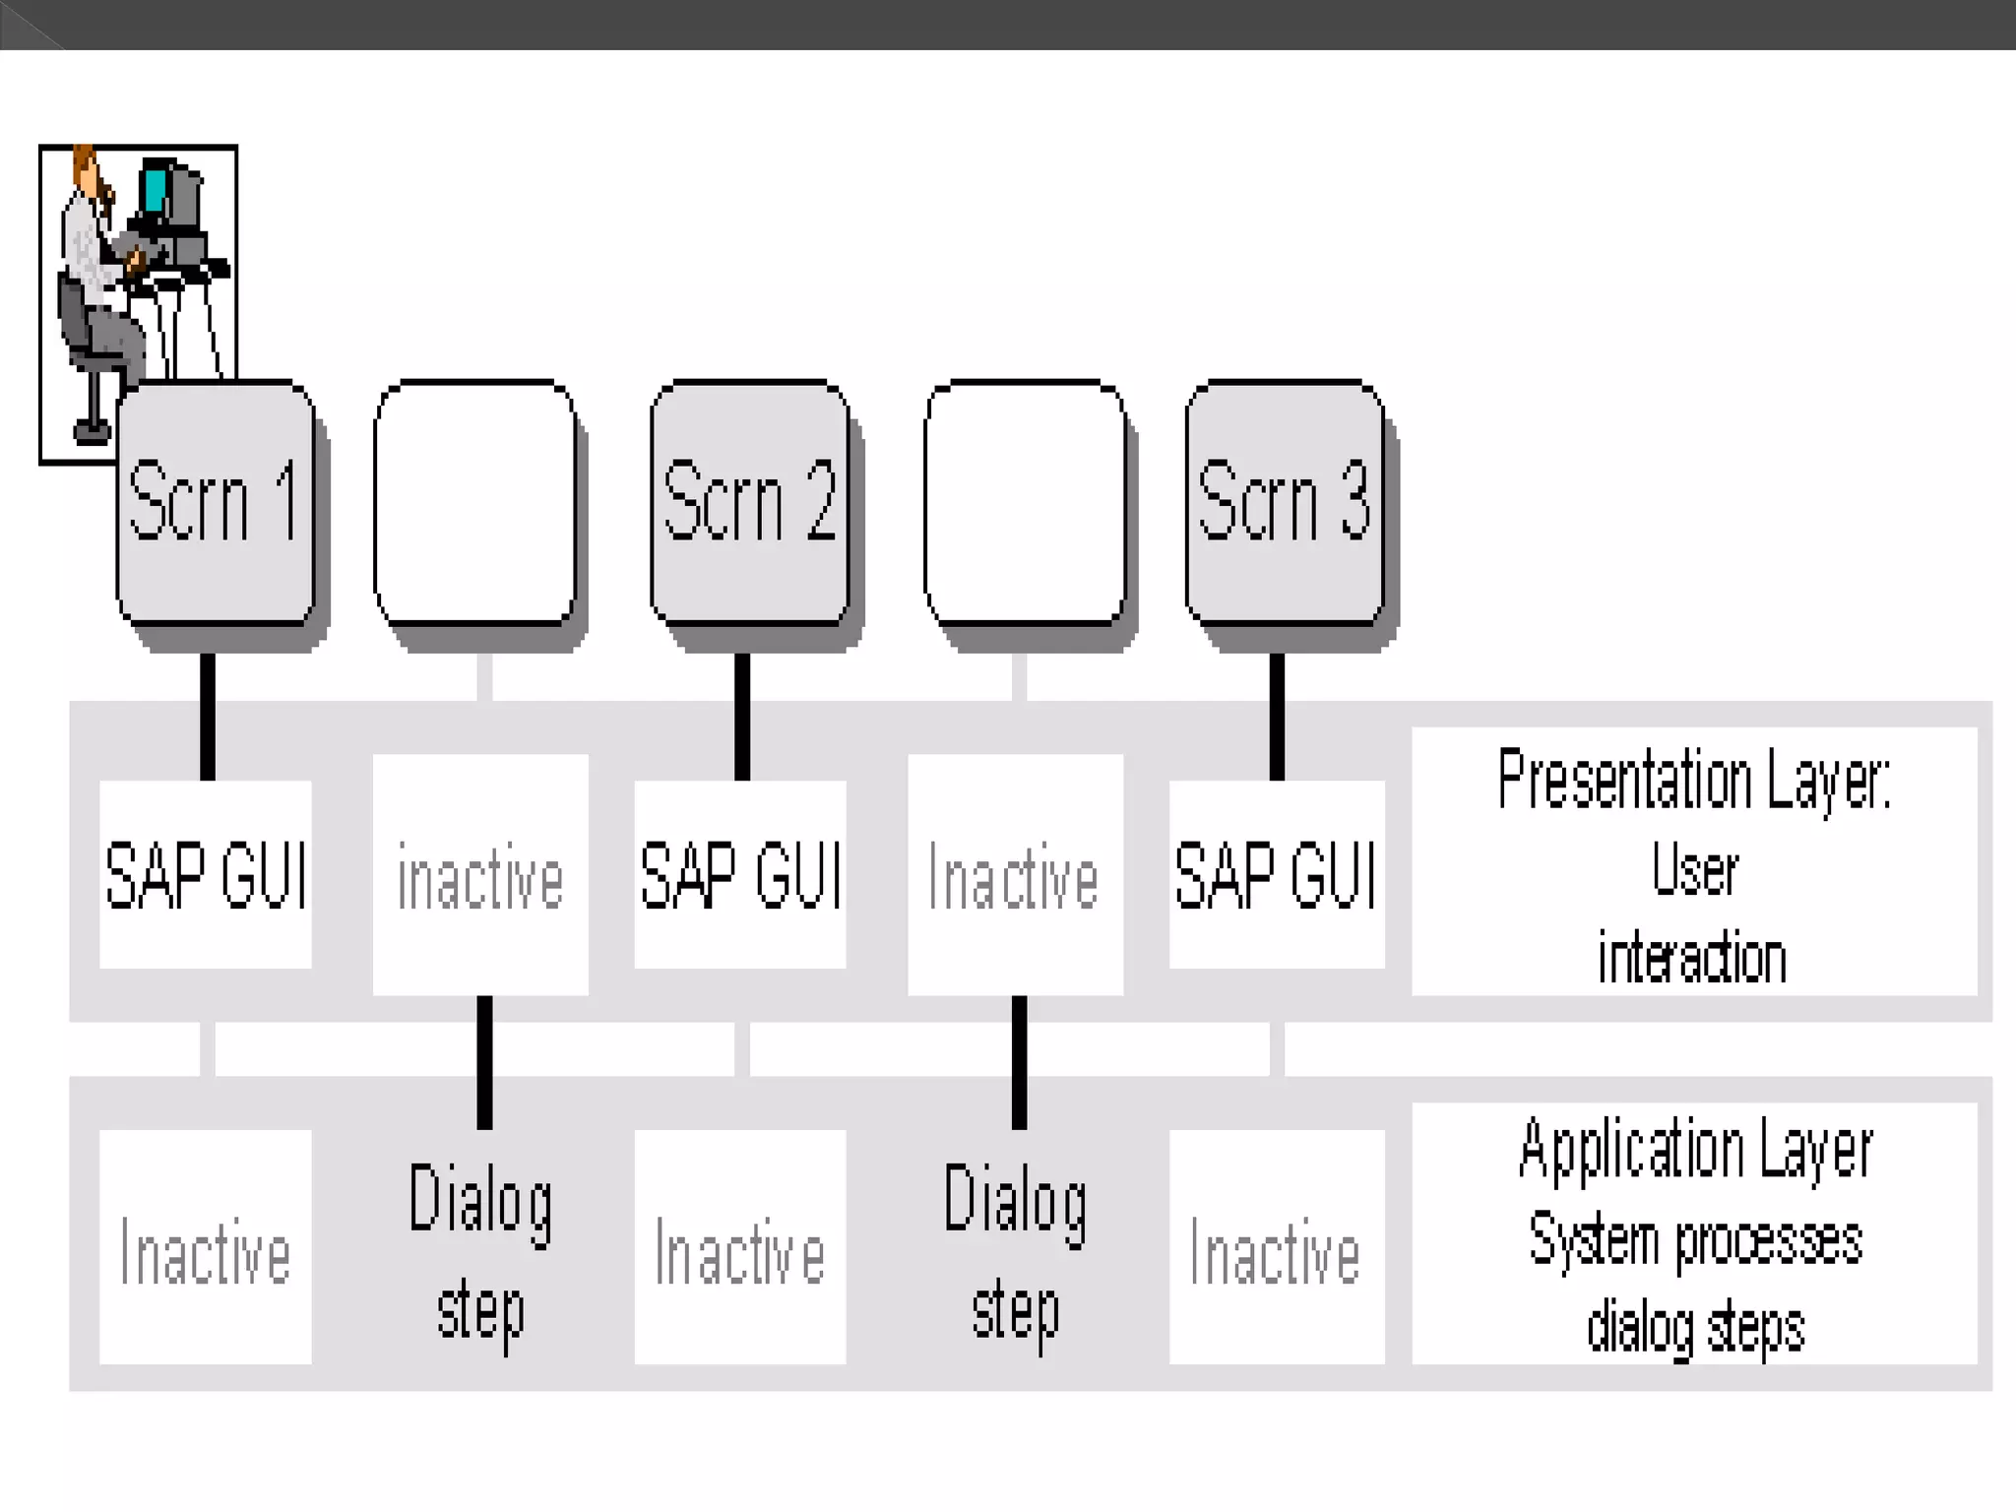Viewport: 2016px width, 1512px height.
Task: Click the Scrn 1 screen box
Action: tap(216, 502)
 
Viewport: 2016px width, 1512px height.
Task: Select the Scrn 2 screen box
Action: tap(750, 502)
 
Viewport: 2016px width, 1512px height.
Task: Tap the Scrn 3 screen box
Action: tap(1285, 502)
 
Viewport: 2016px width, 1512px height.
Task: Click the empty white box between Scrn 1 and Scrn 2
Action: tap(475, 502)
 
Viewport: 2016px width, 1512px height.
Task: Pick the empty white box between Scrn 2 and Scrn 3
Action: tap(1025, 502)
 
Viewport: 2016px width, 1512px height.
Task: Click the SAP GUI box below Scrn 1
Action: tap(206, 874)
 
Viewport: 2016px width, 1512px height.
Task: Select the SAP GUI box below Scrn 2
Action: tap(740, 874)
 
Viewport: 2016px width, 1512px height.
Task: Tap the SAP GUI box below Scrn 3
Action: tap(1277, 874)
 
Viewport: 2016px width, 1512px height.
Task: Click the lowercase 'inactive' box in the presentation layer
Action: tap(480, 876)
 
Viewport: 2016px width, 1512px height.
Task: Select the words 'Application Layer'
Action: tap(1695, 1150)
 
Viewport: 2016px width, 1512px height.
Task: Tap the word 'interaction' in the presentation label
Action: tap(1692, 958)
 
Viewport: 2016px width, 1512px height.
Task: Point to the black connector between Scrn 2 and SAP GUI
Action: tap(742, 717)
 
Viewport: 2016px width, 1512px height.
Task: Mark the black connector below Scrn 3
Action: tap(1277, 717)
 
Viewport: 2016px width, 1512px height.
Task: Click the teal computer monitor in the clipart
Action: tap(156, 189)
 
